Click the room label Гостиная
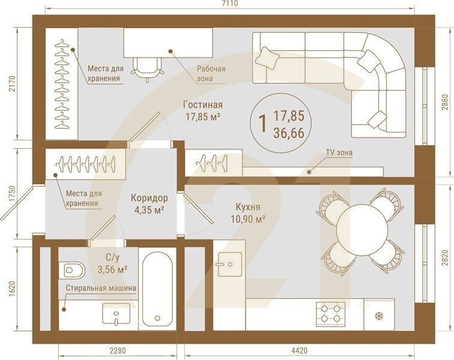pos(203,104)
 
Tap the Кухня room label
pos(248,207)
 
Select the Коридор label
pos(149,198)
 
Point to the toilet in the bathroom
pos(72,270)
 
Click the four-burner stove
pos(331,314)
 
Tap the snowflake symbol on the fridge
pos(378,316)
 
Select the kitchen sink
pos(230,264)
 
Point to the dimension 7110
pos(231,4)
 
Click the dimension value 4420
pos(299,351)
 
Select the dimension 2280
pos(118,351)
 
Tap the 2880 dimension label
pos(446,103)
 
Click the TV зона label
pos(339,152)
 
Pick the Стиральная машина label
pos(101,288)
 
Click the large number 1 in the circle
pos(263,124)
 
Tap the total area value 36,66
pos(289,133)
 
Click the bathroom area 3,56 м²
pos(113,270)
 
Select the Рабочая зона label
pos(211,74)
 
